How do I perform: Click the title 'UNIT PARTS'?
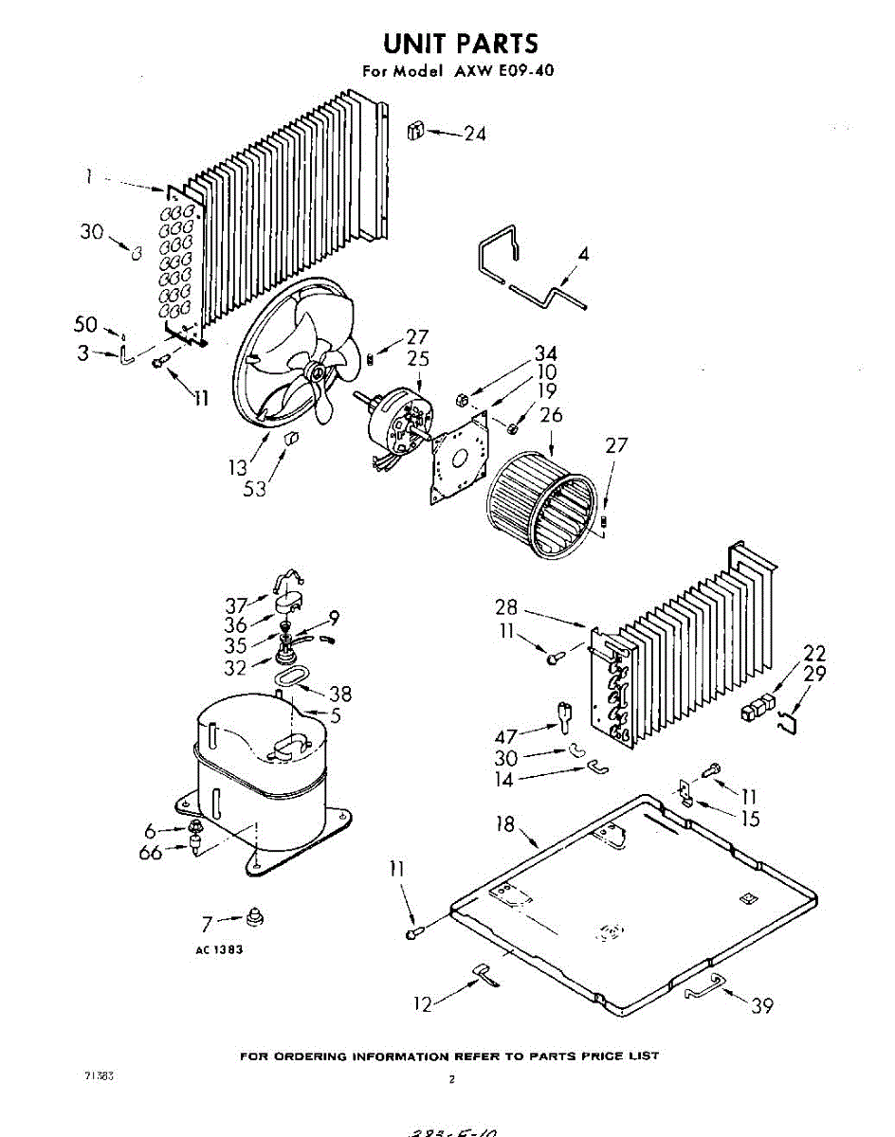pos(460,44)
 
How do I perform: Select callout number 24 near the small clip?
pos(474,135)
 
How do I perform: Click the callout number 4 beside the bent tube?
pos(584,254)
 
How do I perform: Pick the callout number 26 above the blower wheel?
pos(550,415)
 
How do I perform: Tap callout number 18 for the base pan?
pos(505,824)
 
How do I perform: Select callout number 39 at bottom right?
pos(762,1005)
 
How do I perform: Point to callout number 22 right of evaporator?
pos(813,653)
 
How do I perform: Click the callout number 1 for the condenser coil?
pos(88,176)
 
